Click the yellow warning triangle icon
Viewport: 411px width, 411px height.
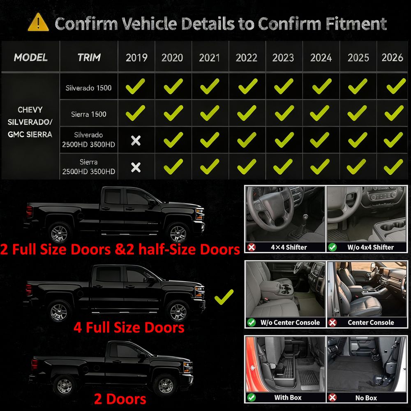pos(38,23)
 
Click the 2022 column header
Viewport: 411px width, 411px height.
pos(246,58)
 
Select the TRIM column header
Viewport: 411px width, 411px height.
pos(89,58)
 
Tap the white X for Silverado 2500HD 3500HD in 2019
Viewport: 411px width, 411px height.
pos(136,141)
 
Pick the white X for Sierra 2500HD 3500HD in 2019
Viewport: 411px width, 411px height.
pos(136,167)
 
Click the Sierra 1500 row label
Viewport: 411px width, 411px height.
pos(89,114)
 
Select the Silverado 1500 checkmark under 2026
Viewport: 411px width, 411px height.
pos(396,86)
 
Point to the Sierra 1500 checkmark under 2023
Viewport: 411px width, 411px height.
pos(284,113)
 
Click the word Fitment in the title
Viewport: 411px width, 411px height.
pos(356,24)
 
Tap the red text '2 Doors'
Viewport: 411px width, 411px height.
pos(120,399)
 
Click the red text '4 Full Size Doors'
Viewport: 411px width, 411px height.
pos(129,328)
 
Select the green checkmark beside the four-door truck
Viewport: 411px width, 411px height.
pos(224,297)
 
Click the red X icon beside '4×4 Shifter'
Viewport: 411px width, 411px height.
pos(252,247)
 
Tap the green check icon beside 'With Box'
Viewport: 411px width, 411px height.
pos(252,397)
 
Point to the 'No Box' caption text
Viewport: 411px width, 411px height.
pos(366,398)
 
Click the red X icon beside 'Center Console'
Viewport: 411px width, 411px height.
pos(332,322)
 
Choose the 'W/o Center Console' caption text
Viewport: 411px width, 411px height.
pos(290,322)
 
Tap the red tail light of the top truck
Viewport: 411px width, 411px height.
pos(29,211)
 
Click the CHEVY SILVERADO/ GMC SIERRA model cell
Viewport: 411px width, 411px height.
pos(30,122)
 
